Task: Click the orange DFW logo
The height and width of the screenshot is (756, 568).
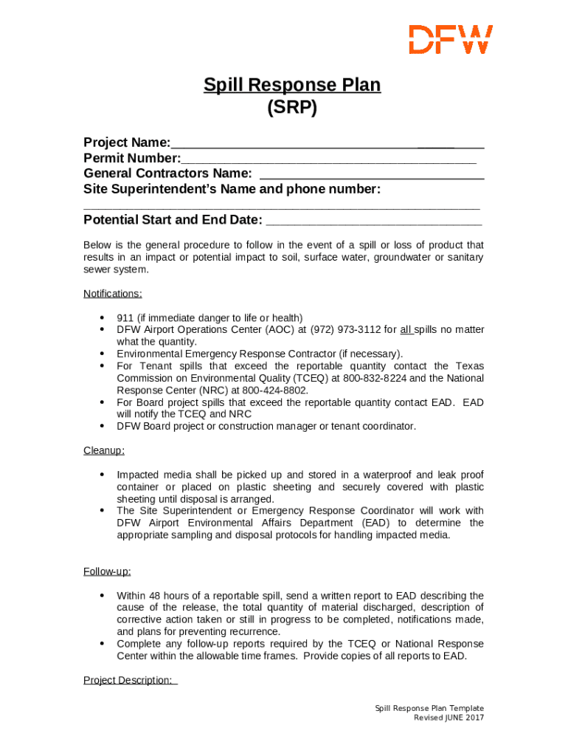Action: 451,39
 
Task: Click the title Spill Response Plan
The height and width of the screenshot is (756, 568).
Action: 292,85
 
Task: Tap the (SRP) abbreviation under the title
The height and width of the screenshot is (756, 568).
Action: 292,108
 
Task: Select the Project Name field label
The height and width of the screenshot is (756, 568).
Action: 127,142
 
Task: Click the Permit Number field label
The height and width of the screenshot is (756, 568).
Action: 132,158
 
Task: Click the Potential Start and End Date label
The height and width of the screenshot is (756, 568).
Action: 173,220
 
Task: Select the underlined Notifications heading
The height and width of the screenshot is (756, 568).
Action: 113,294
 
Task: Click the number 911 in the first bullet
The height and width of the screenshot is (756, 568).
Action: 125,317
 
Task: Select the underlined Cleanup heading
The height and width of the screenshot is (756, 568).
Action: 104,450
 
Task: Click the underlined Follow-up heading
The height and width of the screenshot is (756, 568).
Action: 107,571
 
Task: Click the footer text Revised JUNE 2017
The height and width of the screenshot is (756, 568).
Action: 448,718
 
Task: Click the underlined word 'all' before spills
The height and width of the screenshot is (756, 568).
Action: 406,330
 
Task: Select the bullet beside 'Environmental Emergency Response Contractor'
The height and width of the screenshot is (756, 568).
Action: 102,354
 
